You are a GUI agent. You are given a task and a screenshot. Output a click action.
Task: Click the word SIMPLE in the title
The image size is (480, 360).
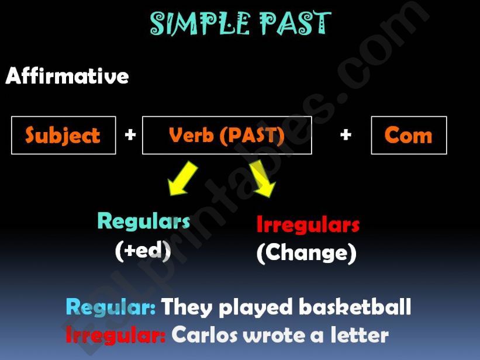coord(196,23)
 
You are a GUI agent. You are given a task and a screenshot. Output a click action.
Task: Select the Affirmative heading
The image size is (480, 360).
coord(67,76)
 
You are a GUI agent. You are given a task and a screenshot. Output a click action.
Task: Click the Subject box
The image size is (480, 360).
coord(63,136)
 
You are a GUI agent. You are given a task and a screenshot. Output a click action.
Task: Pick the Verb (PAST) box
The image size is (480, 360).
coord(227,136)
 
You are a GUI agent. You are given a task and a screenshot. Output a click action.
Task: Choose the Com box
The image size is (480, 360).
coord(409,136)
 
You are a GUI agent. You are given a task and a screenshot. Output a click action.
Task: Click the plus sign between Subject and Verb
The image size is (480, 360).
coord(130,136)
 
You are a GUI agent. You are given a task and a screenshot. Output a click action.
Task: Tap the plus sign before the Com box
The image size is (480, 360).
coord(346,136)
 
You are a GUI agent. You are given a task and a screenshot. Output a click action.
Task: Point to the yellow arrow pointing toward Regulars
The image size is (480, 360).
coord(183,179)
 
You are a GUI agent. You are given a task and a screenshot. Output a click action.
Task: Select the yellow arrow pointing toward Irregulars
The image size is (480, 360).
coord(261,179)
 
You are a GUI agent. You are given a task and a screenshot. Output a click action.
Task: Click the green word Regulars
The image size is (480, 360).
coord(144,221)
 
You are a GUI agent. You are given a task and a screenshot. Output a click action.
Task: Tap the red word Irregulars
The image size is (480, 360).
coord(308,225)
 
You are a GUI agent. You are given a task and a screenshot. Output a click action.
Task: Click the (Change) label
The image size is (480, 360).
coord(306,253)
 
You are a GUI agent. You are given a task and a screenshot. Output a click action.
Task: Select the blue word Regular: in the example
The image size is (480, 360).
coord(110,307)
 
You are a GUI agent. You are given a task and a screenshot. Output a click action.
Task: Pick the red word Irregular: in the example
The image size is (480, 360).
coord(116,335)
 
